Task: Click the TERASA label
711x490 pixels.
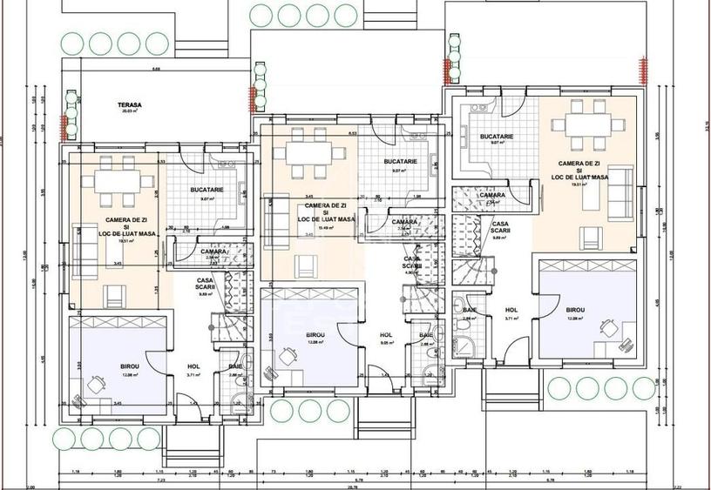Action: click(131, 105)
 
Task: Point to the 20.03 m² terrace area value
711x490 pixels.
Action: click(131, 111)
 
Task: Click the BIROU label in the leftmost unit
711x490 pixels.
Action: click(106, 367)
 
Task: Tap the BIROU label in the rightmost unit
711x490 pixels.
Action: click(575, 310)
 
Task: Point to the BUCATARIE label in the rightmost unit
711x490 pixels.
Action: click(496, 137)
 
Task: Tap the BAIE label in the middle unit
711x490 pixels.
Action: click(426, 335)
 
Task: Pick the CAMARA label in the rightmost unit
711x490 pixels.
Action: click(491, 196)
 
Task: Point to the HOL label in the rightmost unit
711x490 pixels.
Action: click(512, 310)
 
